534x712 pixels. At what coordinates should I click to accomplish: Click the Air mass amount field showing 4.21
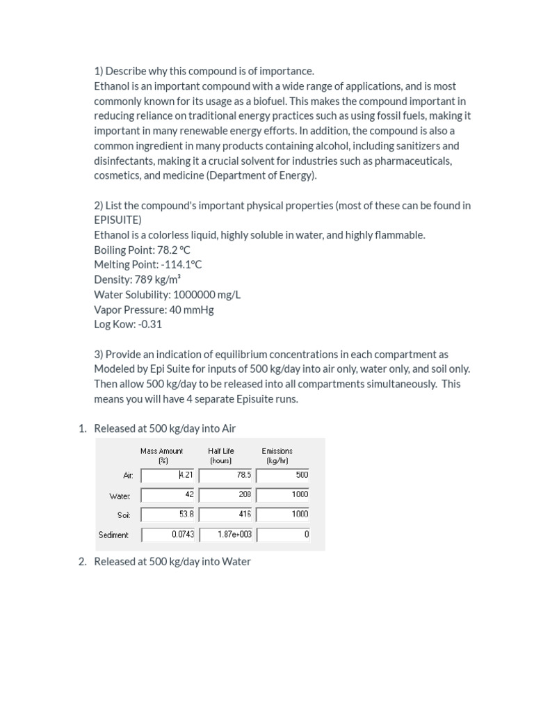[170, 476]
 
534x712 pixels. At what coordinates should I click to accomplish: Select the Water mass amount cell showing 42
[170, 495]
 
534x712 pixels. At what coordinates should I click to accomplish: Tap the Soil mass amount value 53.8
[170, 515]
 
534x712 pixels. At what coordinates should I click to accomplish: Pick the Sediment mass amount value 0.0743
[170, 535]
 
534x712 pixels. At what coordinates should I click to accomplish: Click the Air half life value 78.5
[227, 476]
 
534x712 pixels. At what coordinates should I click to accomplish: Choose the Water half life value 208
[227, 495]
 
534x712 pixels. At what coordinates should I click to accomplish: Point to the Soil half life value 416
[227, 515]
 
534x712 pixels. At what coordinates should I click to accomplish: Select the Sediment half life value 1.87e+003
[227, 535]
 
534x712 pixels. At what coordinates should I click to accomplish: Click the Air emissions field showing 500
[284, 476]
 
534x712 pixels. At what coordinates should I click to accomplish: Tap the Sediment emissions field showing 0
[284, 535]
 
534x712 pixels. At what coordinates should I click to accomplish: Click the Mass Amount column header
[161, 455]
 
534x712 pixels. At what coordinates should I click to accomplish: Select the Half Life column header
[221, 455]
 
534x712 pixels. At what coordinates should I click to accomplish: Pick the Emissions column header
[277, 455]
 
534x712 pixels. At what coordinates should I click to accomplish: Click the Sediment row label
[113, 535]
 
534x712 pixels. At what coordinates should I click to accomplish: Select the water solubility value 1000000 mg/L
[207, 294]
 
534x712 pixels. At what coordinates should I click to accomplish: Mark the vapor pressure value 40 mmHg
[191, 309]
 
